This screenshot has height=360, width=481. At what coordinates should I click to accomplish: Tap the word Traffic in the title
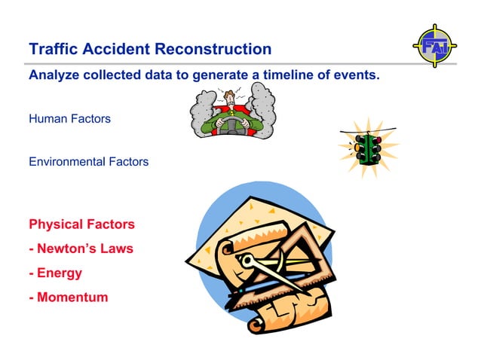pyautogui.click(x=52, y=50)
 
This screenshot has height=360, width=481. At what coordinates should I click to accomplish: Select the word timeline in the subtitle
pyautogui.click(x=286, y=76)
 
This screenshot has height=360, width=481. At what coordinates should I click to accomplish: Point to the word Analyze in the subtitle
pyautogui.click(x=54, y=76)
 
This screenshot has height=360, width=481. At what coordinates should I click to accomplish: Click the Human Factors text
pyautogui.click(x=69, y=118)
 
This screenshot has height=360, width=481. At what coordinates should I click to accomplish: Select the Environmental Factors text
pyautogui.click(x=88, y=162)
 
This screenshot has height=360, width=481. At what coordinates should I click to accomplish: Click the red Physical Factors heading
pyautogui.click(x=81, y=224)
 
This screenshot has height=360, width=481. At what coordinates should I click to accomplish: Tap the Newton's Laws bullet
pyautogui.click(x=81, y=249)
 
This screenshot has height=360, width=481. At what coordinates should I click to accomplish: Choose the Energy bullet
pyautogui.click(x=55, y=273)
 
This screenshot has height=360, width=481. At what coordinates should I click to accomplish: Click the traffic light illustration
pyautogui.click(x=369, y=148)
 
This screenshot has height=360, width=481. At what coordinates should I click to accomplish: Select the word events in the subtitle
pyautogui.click(x=355, y=76)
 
